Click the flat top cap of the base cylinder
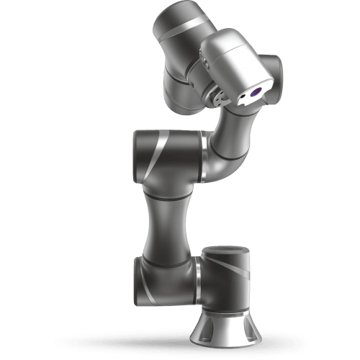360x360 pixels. click(226, 251)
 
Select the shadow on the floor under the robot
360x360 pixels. click(144, 341)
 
